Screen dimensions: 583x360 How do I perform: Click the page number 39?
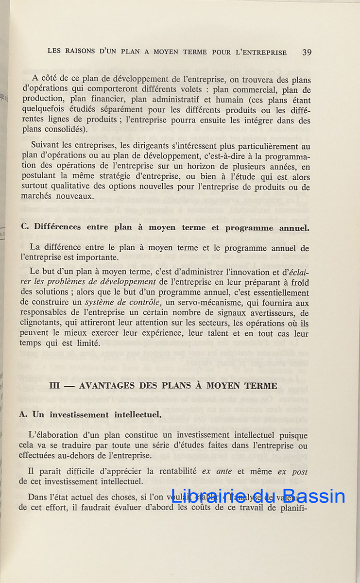307,52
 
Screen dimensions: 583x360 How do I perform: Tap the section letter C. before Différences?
25,227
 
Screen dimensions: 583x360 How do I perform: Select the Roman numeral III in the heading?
57,386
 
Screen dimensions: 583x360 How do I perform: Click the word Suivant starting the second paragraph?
44,146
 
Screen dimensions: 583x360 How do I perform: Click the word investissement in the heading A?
82,414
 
